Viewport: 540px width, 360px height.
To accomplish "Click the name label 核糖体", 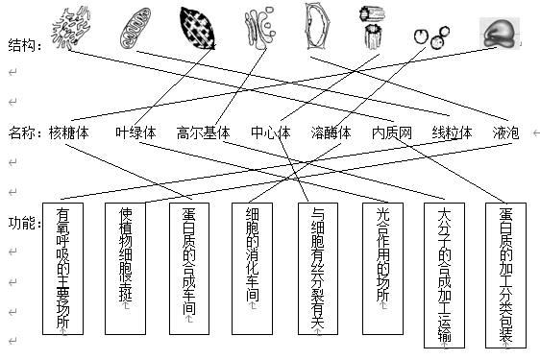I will point(69,133).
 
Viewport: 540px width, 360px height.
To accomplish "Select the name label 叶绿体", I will point(135,133).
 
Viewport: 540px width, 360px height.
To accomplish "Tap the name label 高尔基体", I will point(204,133).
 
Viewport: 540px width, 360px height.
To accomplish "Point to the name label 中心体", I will point(270,133).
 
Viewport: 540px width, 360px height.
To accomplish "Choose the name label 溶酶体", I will point(331,133).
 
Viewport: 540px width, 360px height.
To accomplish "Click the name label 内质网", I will point(392,133).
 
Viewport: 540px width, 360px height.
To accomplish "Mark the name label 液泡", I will point(505,133).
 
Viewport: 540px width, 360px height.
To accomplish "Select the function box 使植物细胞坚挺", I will point(126,268).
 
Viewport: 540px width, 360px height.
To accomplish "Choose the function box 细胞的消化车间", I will point(253,268).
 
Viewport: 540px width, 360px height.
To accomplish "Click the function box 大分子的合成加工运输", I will point(443,274).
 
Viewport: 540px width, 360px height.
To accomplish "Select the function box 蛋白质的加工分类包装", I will point(506,274).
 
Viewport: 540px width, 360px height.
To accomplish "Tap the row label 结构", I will point(24,44).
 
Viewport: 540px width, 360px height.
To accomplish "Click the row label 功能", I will point(24,223).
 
